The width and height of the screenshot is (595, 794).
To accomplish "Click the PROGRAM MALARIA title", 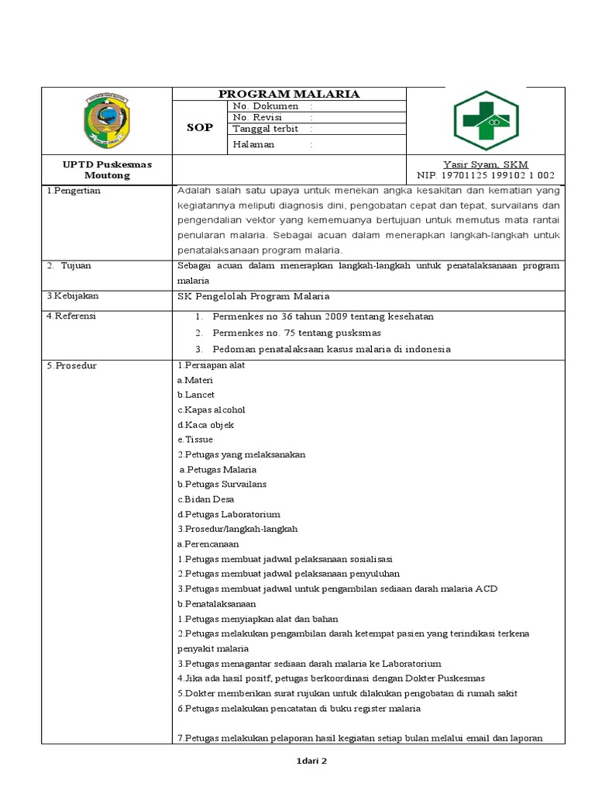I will click(x=289, y=94).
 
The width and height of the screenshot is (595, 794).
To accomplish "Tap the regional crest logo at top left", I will click(x=108, y=120).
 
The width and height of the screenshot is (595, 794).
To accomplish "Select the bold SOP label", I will click(x=199, y=128).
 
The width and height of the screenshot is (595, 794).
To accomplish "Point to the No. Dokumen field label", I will click(x=260, y=106).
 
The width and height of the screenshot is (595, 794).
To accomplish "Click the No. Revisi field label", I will click(x=256, y=117).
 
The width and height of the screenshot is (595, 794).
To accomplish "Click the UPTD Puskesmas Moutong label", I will click(x=107, y=170).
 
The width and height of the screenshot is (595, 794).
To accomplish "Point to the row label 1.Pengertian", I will click(x=74, y=191).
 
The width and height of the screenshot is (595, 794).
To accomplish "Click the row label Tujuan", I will click(x=77, y=265).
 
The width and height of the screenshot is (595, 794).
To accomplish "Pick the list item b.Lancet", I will click(x=196, y=395).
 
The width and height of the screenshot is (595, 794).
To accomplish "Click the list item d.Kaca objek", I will click(x=205, y=425).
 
